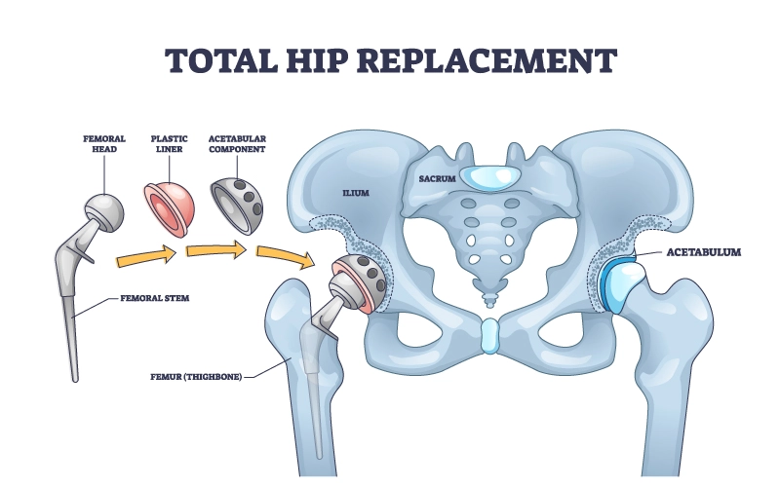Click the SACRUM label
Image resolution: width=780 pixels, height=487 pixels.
[x=438, y=179]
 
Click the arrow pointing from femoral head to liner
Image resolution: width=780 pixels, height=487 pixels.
[x=144, y=258]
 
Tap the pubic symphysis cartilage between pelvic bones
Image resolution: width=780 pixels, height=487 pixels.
[x=488, y=336]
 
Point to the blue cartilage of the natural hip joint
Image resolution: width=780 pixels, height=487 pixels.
[x=615, y=282]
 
